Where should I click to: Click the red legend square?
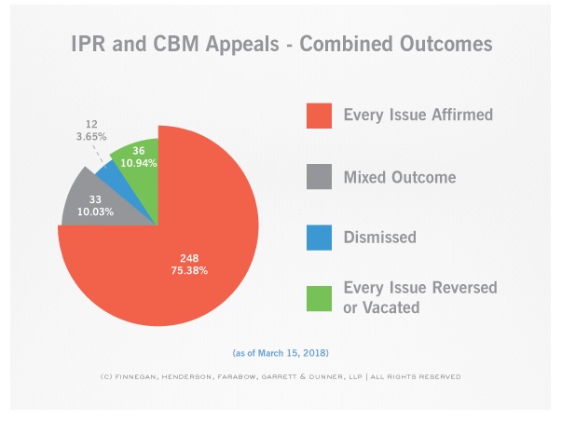(319, 115)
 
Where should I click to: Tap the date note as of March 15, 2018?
(281, 353)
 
